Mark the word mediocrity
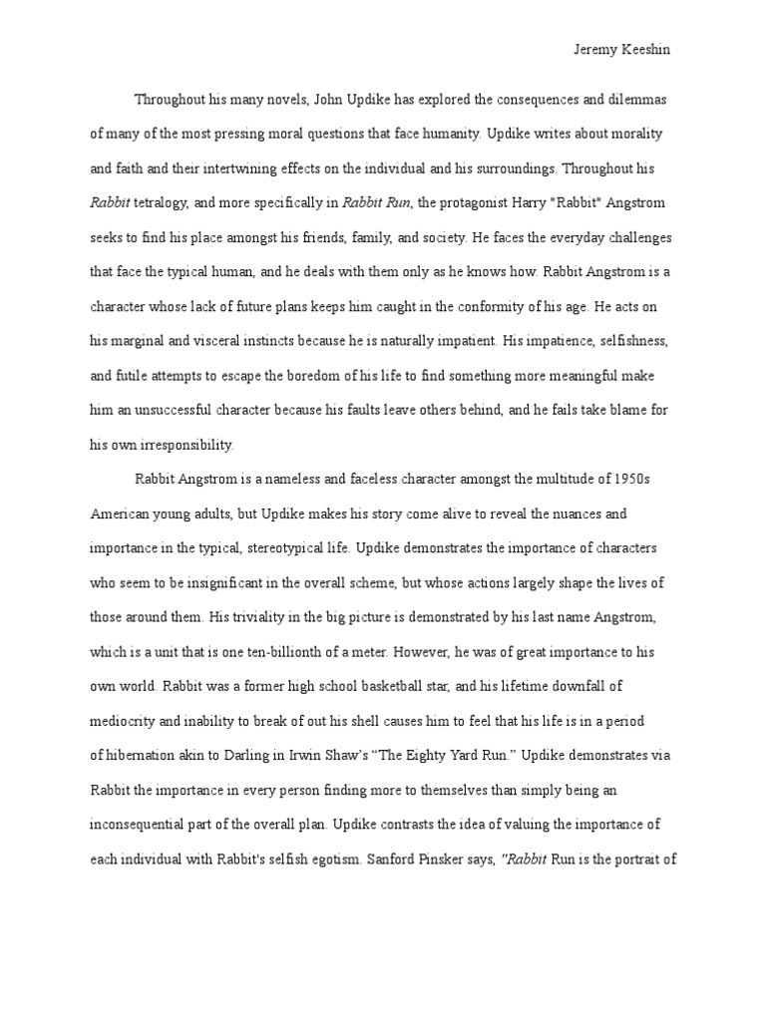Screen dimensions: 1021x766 [124, 720]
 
